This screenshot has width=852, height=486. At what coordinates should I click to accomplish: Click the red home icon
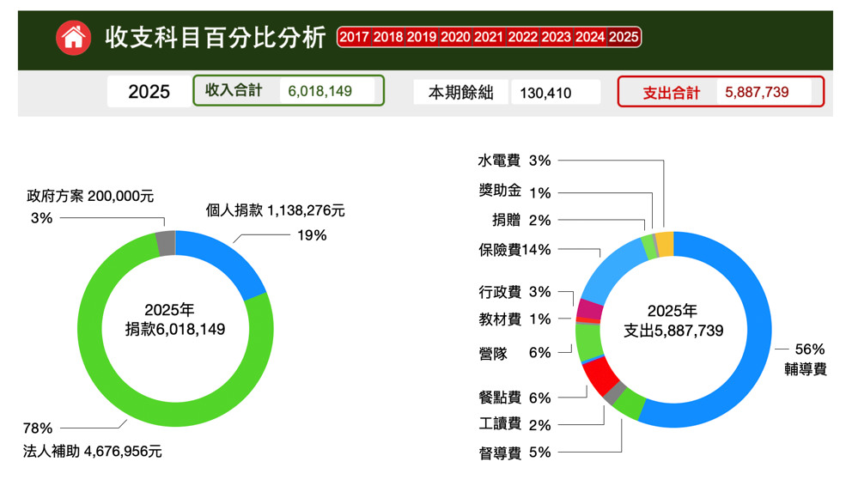point(74,38)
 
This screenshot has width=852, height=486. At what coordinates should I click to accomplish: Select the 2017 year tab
point(354,37)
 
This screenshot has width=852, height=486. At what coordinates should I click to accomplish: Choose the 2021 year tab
point(489,37)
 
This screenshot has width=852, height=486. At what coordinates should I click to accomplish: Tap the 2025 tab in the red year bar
point(624,37)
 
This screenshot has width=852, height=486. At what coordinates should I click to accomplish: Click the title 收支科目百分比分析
point(216,38)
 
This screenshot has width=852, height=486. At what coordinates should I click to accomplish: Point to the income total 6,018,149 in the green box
point(319,91)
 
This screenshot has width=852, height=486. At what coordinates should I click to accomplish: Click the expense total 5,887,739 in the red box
point(757,92)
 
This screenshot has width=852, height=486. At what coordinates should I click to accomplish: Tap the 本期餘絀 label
point(461,93)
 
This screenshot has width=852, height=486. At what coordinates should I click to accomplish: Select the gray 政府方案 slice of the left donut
point(166,244)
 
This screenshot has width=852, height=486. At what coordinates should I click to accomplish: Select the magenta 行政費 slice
point(589,308)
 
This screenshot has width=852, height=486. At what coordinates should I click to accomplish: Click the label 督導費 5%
point(514,453)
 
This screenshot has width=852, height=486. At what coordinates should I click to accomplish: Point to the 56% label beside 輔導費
point(810,349)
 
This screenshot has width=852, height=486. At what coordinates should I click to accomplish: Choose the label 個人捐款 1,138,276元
point(275,210)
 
